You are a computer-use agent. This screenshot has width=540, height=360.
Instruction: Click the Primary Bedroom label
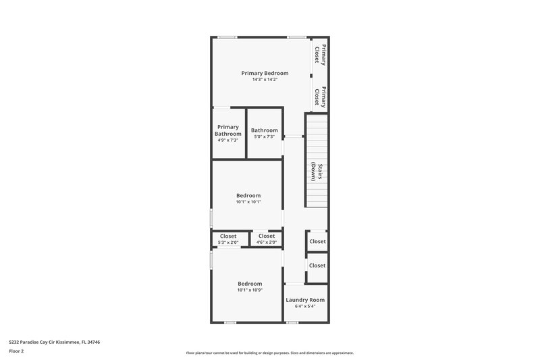pos(265,73)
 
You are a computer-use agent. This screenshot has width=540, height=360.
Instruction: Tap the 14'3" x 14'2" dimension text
pos(265,80)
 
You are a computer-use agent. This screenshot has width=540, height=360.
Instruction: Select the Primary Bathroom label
pos(228,130)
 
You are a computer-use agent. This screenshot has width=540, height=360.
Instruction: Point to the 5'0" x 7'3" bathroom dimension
pos(264,137)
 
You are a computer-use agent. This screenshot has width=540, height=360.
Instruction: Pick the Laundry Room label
pos(305,300)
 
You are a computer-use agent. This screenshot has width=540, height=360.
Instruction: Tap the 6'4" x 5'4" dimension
pos(305,307)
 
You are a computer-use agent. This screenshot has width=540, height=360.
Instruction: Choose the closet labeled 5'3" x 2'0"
pos(228,239)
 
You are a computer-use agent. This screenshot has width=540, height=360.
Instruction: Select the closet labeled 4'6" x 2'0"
pos(267,239)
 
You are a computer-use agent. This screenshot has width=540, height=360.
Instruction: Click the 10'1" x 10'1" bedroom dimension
pos(248,202)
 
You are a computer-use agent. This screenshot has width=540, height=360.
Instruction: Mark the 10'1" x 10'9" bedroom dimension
pos(250,290)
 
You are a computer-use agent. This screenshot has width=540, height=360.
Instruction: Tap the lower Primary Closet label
pos(324,98)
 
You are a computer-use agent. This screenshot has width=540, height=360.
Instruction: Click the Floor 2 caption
pos(16,351)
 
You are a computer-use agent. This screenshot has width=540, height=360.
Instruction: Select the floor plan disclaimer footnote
pos(270,353)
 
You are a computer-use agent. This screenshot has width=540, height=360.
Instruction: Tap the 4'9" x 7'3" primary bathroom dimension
pos(228,140)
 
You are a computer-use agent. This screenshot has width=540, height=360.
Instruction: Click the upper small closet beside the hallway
pos(317,241)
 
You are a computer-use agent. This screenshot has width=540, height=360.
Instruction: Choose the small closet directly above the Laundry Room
pos(317,265)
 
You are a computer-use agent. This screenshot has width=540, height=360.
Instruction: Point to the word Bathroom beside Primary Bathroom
pos(264,130)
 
